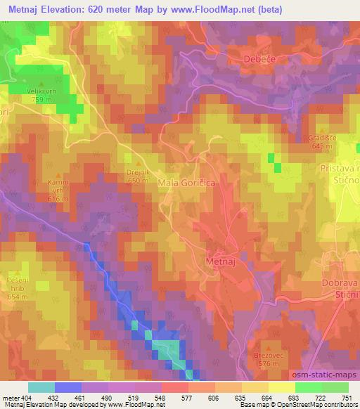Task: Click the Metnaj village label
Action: tap(223, 261)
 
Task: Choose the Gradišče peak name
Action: tap(323, 138)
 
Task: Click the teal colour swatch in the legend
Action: tap(41, 387)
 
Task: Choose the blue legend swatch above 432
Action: tap(68, 387)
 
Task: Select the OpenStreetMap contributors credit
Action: tap(321, 405)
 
